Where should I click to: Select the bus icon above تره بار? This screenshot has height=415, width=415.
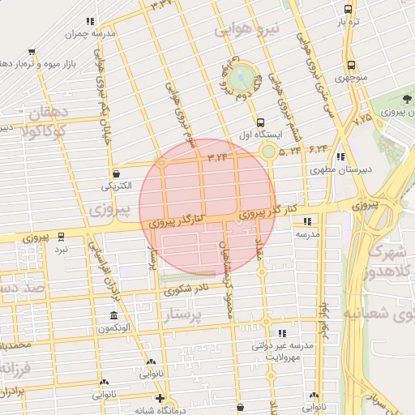click(x=348, y=10)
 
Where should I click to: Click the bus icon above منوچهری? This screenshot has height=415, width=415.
click(x=351, y=65)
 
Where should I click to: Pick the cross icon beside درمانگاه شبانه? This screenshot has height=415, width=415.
click(x=160, y=399)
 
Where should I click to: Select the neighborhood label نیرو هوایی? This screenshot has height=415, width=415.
click(x=248, y=31)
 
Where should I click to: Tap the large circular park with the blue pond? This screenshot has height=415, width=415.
click(x=241, y=78)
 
